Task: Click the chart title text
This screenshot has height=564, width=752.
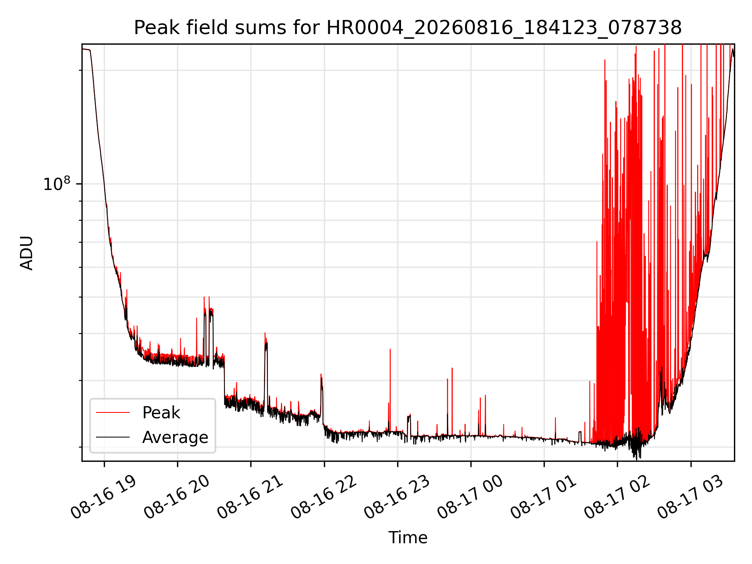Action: pyautogui.click(x=408, y=28)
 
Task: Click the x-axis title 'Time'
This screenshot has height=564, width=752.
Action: pyautogui.click(x=408, y=537)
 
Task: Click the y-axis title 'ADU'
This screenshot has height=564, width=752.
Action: pyautogui.click(x=27, y=253)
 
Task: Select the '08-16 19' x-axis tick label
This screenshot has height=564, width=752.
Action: pyautogui.click(x=104, y=497)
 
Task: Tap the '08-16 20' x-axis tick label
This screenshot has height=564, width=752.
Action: pyautogui.click(x=177, y=497)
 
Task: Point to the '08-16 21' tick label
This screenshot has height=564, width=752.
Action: pyautogui.click(x=250, y=497)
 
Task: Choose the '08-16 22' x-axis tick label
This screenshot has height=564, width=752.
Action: pyautogui.click(x=324, y=497)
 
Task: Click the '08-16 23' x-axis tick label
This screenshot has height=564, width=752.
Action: pyautogui.click(x=397, y=497)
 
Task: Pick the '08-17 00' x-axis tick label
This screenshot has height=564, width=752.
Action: pyautogui.click(x=470, y=497)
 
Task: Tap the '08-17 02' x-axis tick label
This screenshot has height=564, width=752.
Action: pyautogui.click(x=617, y=497)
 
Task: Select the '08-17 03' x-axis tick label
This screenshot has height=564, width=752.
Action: pyautogui.click(x=691, y=497)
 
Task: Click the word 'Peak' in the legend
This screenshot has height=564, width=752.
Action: pyautogui.click(x=161, y=413)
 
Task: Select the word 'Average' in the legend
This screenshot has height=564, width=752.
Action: pyautogui.click(x=175, y=437)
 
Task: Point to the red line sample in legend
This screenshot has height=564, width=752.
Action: pyautogui.click(x=113, y=412)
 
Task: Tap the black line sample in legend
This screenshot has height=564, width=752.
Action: pyautogui.click(x=113, y=437)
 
